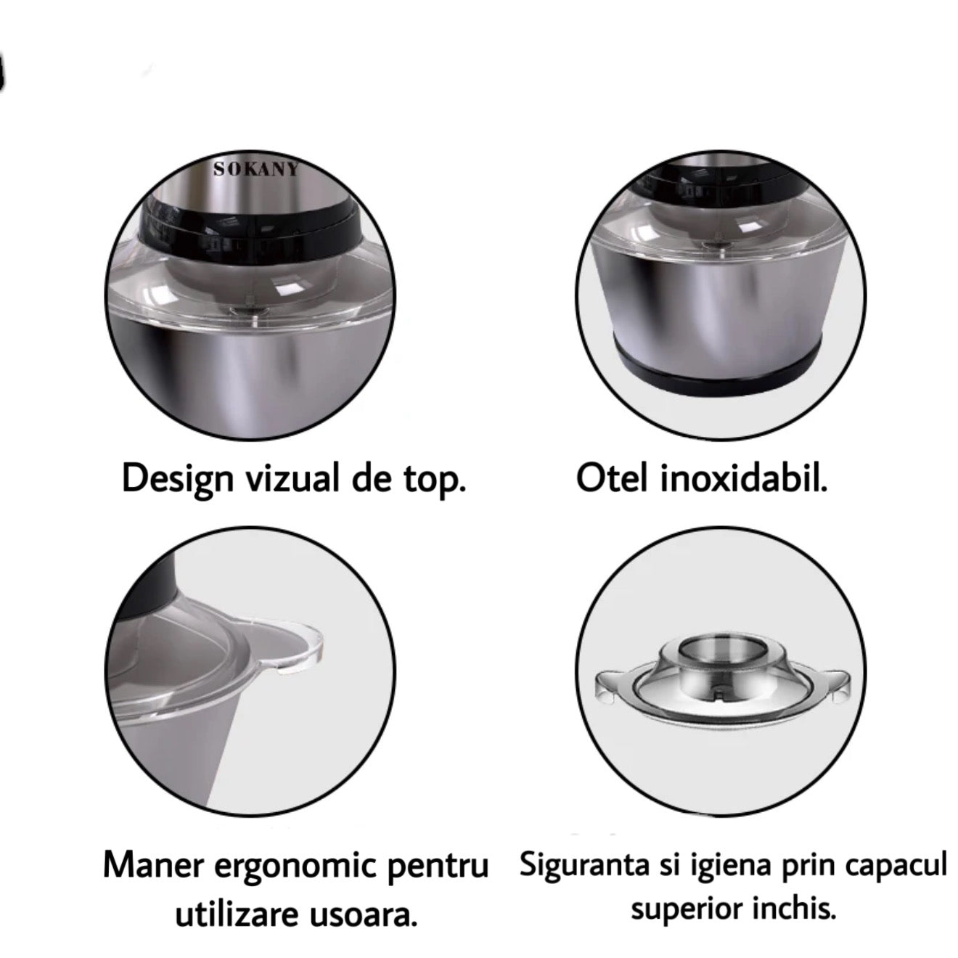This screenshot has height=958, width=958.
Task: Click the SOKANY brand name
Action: (256, 170)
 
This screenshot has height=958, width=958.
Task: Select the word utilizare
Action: (234, 917)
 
